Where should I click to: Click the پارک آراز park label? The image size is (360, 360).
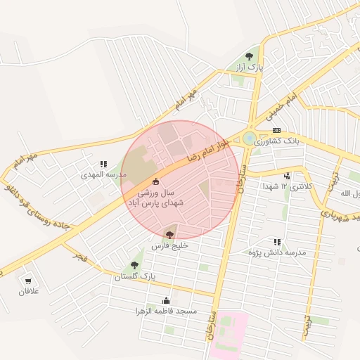(x=248, y=67)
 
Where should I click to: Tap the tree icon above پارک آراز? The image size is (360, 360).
(x=248, y=56)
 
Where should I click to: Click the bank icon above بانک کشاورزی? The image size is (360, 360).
(x=276, y=130)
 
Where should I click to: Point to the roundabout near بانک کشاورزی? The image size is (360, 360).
(x=250, y=138)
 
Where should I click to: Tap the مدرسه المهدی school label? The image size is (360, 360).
(x=103, y=174)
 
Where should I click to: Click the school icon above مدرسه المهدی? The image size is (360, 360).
(x=103, y=163)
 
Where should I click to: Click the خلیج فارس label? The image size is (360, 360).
(x=169, y=246)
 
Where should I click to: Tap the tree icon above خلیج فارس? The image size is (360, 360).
(x=169, y=234)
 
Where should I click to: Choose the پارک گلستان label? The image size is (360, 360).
(x=134, y=277)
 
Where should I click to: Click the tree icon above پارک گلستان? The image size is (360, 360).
(x=134, y=265)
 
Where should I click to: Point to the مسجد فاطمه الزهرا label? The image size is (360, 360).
(x=167, y=310)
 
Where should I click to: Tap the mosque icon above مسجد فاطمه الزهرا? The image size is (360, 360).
(x=167, y=300)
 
